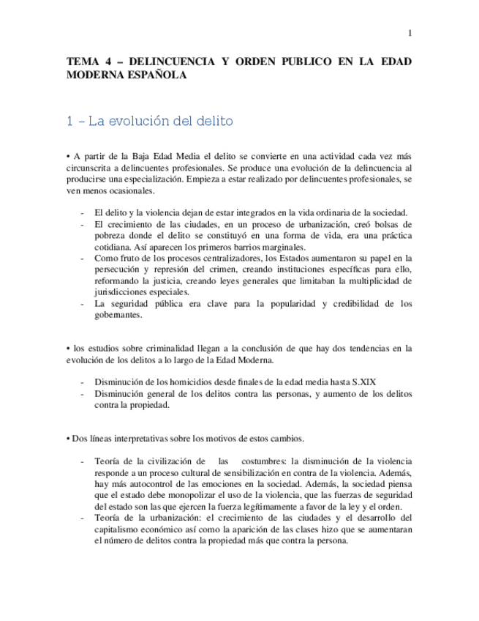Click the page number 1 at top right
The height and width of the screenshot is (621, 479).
coord(410,33)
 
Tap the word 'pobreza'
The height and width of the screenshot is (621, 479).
coord(110,236)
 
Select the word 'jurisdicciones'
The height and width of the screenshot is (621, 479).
coord(124,291)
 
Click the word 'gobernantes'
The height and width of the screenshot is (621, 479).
coord(120,315)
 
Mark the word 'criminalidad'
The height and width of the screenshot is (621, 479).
coord(163,349)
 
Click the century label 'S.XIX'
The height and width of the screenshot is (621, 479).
coord(362,382)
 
